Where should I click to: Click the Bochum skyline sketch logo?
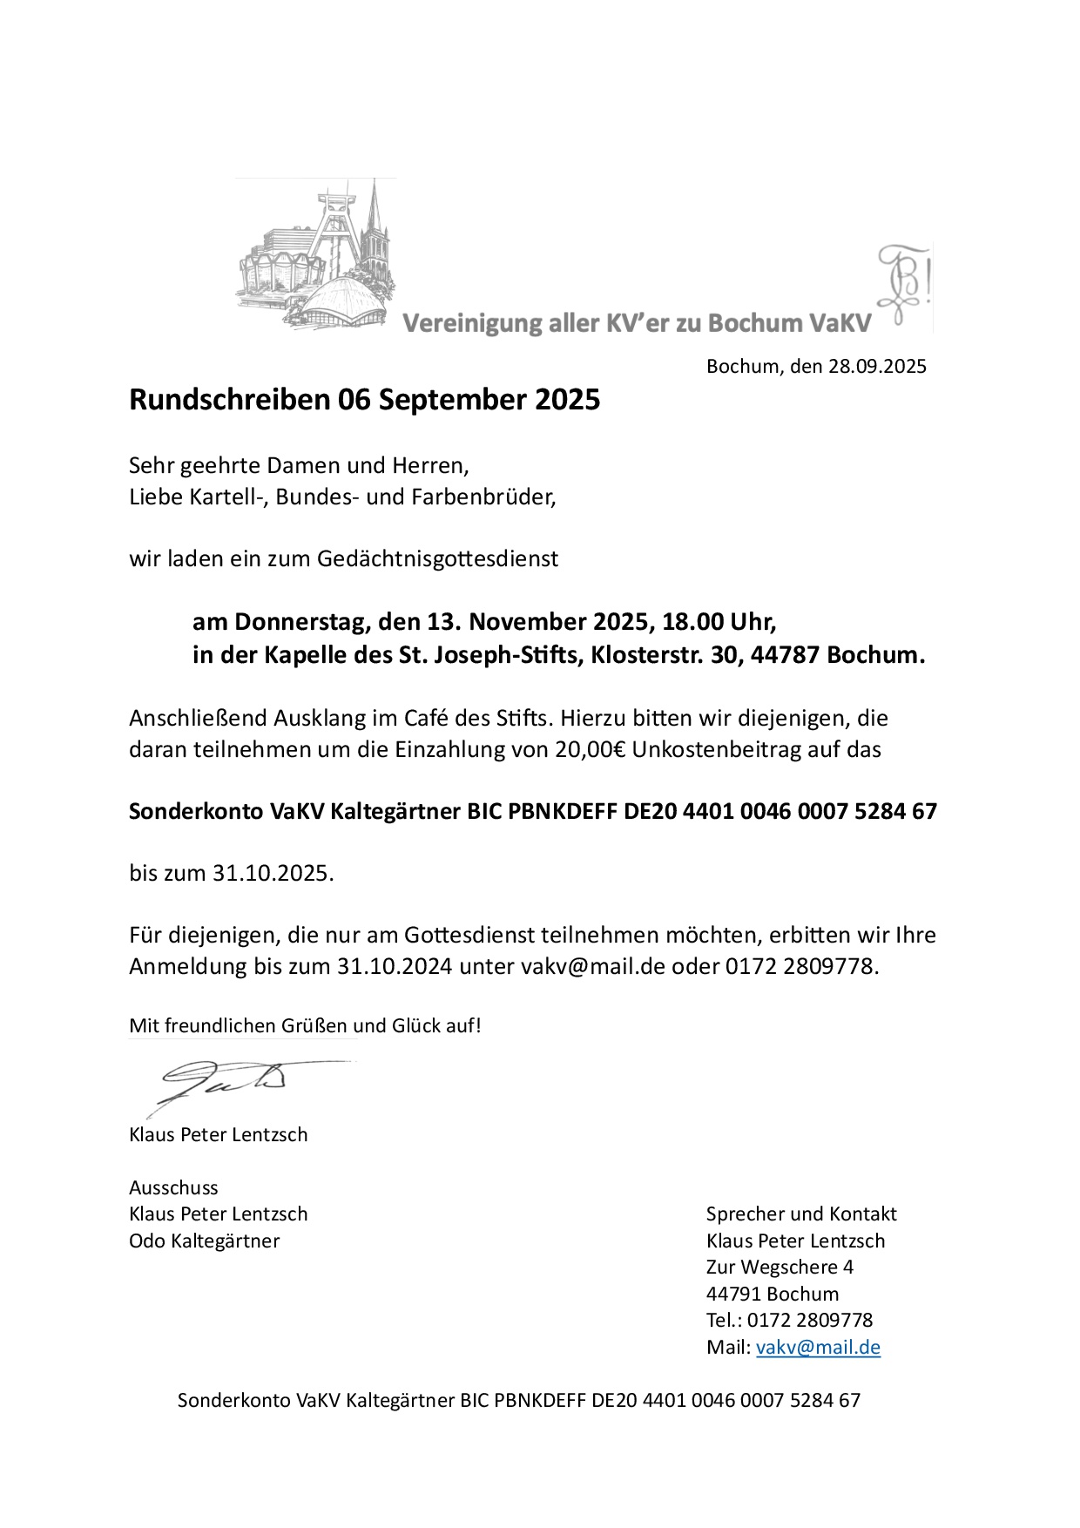(315, 254)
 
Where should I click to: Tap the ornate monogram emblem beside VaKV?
(904, 284)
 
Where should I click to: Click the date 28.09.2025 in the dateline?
(877, 366)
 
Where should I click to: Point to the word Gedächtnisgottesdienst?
(437, 558)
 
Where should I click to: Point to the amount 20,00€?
(590, 749)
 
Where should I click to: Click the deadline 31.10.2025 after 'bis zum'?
(273, 873)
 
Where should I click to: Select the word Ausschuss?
(173, 1187)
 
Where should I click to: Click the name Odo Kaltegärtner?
(205, 1241)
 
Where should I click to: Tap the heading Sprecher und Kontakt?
(801, 1214)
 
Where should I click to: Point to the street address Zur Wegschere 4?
(780, 1267)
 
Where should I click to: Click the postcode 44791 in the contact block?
(733, 1294)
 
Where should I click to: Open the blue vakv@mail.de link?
(818, 1347)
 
